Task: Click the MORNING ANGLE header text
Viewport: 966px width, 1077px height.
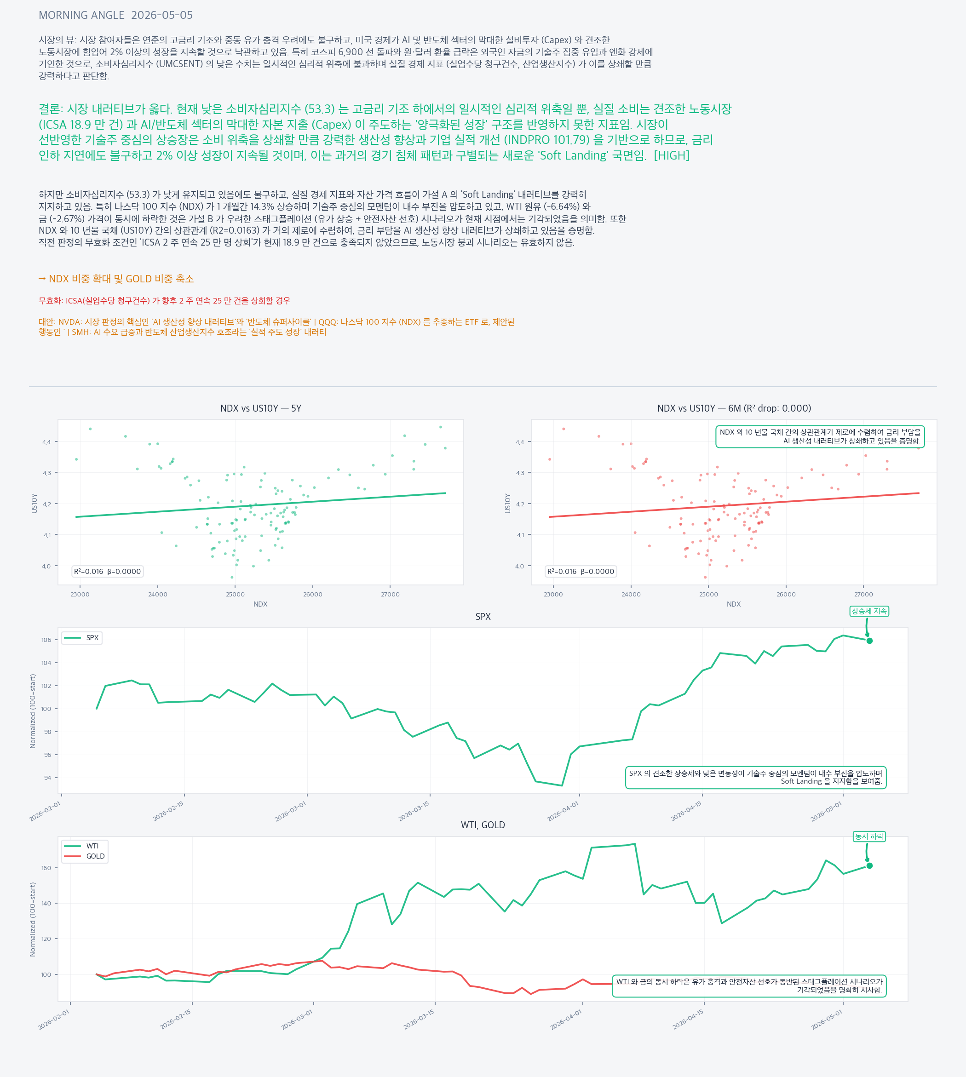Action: pos(82,15)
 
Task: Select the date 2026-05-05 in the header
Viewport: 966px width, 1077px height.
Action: pos(162,15)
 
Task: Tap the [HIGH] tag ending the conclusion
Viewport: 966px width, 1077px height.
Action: pos(672,155)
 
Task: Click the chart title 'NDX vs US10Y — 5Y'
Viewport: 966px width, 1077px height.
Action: pos(261,408)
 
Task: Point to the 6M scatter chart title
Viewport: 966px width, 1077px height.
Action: pos(734,408)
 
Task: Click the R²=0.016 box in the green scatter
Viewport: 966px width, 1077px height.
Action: pos(108,572)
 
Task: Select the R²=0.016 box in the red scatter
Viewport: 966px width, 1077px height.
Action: pos(581,572)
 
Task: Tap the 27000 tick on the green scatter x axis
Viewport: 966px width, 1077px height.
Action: pos(390,594)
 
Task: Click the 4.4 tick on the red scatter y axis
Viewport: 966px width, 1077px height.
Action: pos(520,442)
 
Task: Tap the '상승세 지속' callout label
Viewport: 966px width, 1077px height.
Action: pos(869,611)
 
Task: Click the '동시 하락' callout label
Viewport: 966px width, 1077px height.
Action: pos(869,836)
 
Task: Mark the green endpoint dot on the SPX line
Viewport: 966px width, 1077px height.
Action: pos(869,641)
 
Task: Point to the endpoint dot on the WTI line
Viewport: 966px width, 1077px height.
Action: pos(869,866)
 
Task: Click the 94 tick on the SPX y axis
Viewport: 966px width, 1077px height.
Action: pos(47,778)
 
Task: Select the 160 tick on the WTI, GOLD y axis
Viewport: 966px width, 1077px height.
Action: pos(46,868)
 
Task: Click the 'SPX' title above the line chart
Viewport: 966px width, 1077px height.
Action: pos(483,617)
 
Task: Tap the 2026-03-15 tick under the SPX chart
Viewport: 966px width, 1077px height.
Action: pos(415,811)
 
